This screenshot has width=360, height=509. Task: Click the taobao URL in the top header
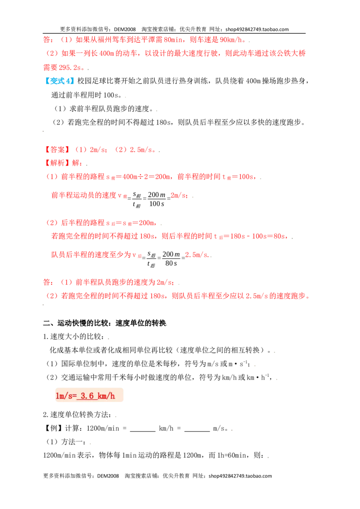coord(257,29)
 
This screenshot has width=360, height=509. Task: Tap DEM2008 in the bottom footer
coord(108,476)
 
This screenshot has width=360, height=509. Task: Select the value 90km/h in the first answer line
coord(231,40)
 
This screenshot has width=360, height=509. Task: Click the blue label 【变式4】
coord(59,81)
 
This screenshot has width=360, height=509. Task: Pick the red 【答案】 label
coord(57,150)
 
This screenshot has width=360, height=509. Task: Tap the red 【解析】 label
coord(57,163)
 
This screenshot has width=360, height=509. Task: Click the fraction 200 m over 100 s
coord(157,199)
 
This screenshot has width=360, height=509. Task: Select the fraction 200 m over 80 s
coord(171,259)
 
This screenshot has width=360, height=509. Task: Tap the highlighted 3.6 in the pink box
coord(87,396)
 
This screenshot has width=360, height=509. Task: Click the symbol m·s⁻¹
coord(238,364)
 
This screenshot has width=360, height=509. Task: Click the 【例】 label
coord(53,429)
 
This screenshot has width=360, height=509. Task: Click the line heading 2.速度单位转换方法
coord(77,415)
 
